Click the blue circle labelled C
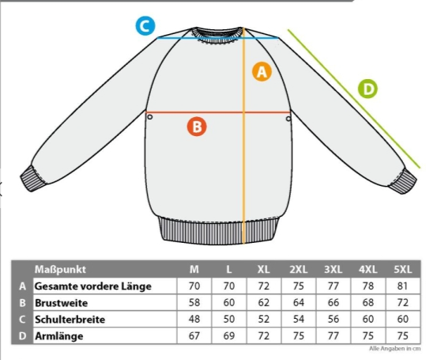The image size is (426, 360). pyautogui.click(x=145, y=26)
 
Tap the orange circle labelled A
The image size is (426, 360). pyautogui.click(x=262, y=72)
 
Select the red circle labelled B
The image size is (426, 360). pyautogui.click(x=197, y=127)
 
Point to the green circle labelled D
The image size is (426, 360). pyautogui.click(x=368, y=89)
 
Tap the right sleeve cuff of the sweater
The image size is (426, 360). pyautogui.click(x=403, y=181)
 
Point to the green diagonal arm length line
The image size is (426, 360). pyautogui.click(x=355, y=99)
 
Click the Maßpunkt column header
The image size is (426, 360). pyautogui.click(x=60, y=269)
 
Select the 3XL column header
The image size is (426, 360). pyautogui.click(x=333, y=269)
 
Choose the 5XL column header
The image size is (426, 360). pyautogui.click(x=402, y=269)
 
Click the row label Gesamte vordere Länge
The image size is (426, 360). pyautogui.click(x=93, y=286)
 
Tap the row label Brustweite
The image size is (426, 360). pyautogui.click(x=61, y=303)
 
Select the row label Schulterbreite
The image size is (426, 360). pyautogui.click(x=70, y=319)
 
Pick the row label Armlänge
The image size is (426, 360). pyautogui.click(x=59, y=336)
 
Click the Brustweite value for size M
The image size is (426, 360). pyautogui.click(x=194, y=302)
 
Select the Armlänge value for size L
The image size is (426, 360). pyautogui.click(x=229, y=335)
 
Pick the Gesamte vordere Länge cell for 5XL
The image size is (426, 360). pyautogui.click(x=402, y=286)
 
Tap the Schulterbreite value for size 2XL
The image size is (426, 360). pyautogui.click(x=298, y=319)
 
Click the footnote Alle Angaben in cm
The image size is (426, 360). pyautogui.click(x=394, y=348)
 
